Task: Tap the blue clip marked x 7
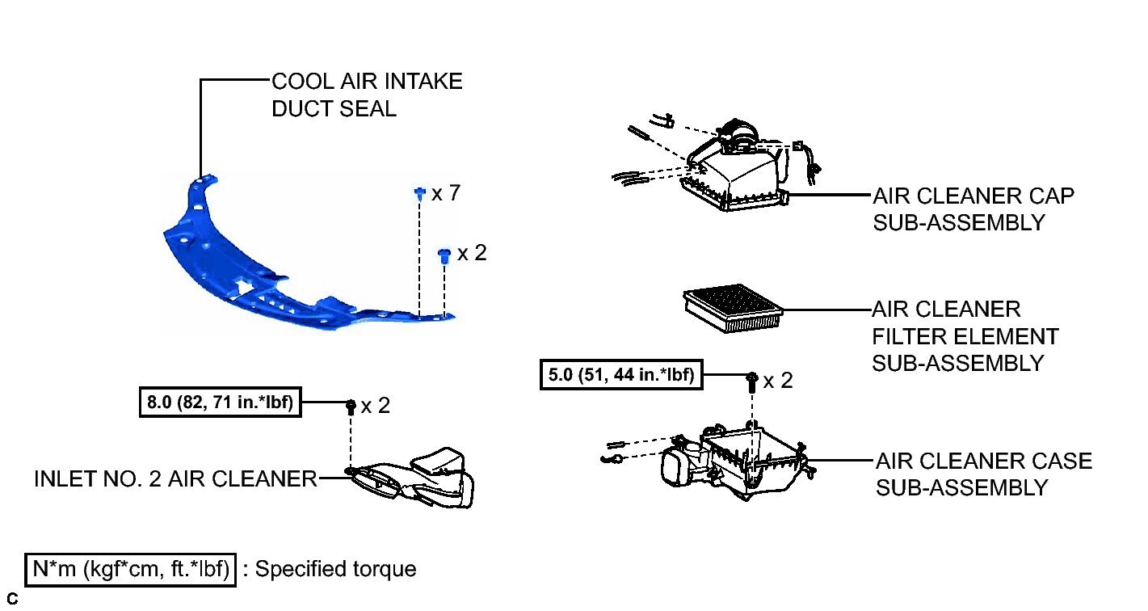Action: [x=420, y=194]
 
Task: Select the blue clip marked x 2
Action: [x=444, y=255]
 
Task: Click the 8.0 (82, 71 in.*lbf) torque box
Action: [x=221, y=402]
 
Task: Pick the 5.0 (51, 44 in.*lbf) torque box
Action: [x=621, y=375]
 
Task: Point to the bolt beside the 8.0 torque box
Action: [x=351, y=407]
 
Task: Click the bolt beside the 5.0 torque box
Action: [x=752, y=381]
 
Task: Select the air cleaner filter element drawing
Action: [x=733, y=309]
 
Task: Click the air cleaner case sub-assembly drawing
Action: [x=717, y=464]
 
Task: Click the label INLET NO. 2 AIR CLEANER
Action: [x=176, y=478]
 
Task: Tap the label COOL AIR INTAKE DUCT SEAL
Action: [x=367, y=95]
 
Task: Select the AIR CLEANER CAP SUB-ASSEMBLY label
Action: [x=973, y=209]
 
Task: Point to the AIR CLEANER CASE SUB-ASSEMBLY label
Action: [x=983, y=474]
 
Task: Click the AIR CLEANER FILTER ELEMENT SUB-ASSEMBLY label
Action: [x=965, y=336]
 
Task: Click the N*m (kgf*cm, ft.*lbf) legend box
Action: [x=131, y=570]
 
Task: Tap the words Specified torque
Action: [x=336, y=569]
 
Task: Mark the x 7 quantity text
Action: [x=446, y=193]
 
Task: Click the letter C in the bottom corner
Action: [x=12, y=599]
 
